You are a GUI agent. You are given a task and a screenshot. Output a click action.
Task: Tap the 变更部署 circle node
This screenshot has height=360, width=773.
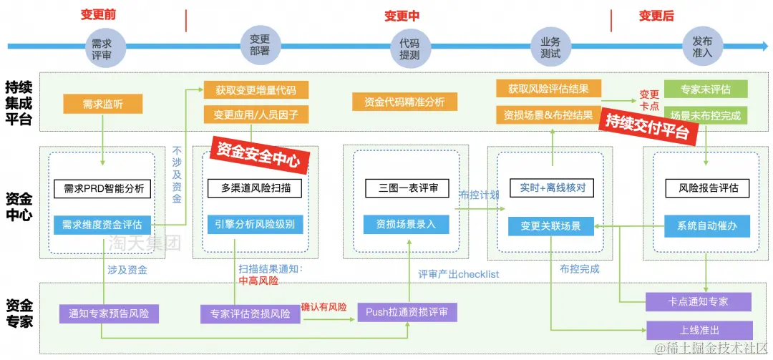261,45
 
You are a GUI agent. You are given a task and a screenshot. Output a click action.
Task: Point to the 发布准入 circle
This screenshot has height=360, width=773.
702,47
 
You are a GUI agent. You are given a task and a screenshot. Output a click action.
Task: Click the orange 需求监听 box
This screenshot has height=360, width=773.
102,104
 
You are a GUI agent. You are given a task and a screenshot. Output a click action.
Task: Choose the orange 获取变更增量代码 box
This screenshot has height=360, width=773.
256,90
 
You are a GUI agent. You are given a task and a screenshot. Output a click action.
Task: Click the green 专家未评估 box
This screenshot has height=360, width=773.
706,89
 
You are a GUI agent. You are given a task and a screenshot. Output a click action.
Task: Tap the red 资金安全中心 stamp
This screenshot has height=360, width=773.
258,154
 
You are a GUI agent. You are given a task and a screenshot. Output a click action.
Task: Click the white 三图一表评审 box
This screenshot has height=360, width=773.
407,188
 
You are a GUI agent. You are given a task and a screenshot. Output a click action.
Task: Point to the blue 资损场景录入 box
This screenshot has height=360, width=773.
407,224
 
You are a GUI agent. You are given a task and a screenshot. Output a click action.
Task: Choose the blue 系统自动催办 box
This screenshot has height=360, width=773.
707,225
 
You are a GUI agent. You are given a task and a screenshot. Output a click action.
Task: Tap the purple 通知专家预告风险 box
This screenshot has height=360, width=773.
109,313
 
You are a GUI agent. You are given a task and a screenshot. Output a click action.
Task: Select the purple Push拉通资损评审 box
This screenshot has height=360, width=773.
407,311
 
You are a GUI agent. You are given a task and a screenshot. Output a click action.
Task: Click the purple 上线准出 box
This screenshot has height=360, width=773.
699,331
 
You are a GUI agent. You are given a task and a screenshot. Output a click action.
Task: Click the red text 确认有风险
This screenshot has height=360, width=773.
324,307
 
